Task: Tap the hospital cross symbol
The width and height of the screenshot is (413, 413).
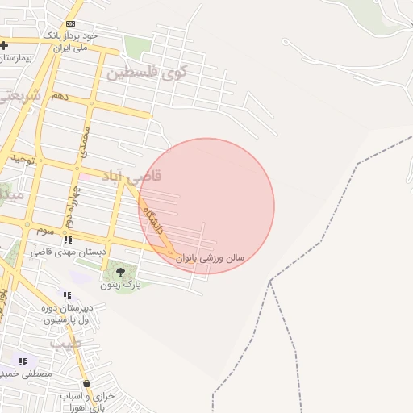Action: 5,45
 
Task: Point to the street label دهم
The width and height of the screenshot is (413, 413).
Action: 60,96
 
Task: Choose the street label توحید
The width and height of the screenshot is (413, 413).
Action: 24,160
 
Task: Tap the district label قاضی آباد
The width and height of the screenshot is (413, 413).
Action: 131,176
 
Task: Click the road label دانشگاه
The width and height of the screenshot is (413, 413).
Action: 152,219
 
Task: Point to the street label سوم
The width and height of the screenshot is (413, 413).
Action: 45,231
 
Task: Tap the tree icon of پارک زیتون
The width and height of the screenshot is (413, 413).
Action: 120,272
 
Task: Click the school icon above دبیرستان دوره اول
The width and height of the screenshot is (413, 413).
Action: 67,295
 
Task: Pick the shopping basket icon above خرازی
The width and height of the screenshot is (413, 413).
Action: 86,385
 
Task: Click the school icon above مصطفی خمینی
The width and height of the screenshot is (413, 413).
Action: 23,361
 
